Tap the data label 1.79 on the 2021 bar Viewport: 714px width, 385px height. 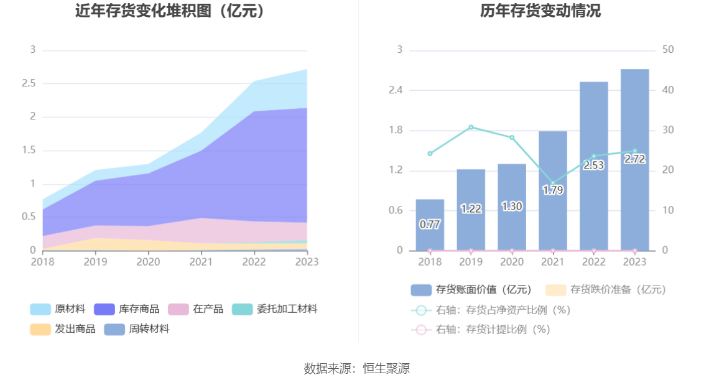(553, 190)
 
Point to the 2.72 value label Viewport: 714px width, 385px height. (635, 159)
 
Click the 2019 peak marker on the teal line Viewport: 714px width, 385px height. (471, 127)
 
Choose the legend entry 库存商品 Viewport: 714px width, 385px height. (127, 309)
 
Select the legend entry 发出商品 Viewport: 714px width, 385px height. (63, 329)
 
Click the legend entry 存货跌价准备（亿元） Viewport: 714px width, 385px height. (606, 289)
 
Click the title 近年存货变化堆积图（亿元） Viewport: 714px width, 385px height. (170, 11)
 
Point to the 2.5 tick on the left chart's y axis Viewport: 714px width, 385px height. (28, 83)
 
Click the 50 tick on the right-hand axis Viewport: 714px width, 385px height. (669, 50)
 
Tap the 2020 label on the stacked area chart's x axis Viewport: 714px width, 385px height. (149, 262)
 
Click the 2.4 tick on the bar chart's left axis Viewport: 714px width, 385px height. (396, 90)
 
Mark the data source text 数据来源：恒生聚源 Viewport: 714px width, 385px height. (357, 368)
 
